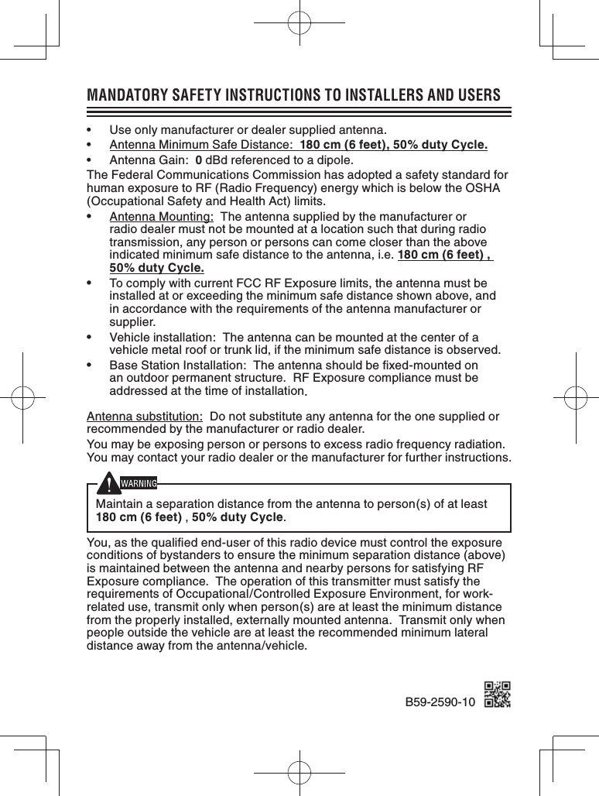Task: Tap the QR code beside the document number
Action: (497, 695)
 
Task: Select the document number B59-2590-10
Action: (440, 702)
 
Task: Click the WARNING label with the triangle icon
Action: (131, 484)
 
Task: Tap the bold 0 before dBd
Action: (199, 161)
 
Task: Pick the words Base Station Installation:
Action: (178, 365)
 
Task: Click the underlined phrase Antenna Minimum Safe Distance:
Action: (200, 145)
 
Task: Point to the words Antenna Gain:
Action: (149, 161)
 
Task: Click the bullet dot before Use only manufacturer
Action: (91, 129)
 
